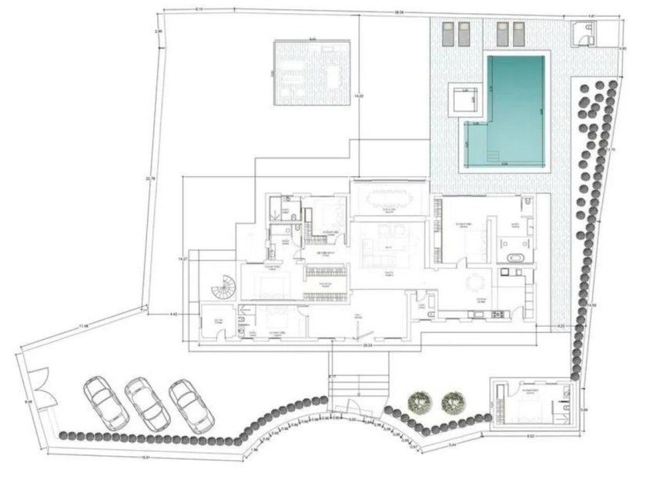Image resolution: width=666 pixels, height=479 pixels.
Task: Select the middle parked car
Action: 147,403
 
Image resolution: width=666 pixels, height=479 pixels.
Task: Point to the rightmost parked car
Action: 189,406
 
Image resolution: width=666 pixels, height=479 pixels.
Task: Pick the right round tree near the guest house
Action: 452,401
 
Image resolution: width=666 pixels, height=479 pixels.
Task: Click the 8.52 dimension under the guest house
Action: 531,437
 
